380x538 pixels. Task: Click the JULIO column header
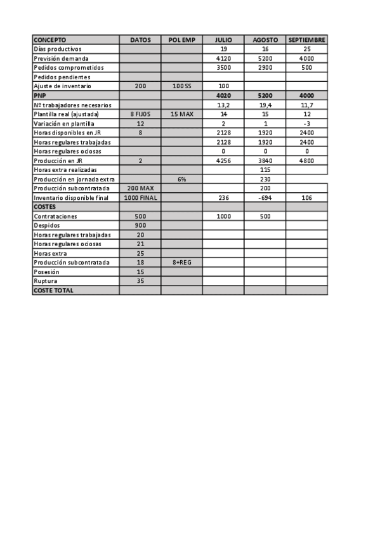click(x=223, y=39)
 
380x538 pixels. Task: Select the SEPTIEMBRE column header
click(x=306, y=39)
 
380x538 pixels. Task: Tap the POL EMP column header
click(x=181, y=39)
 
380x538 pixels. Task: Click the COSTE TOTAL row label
click(x=53, y=290)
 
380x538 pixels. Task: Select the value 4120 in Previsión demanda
click(x=223, y=58)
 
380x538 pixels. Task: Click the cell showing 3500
click(x=223, y=67)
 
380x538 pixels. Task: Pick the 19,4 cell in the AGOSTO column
click(x=265, y=104)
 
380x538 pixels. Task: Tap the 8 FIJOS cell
click(x=140, y=114)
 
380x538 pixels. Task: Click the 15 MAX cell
click(x=181, y=114)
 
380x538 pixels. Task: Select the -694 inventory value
click(x=265, y=197)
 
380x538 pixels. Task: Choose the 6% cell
click(x=181, y=179)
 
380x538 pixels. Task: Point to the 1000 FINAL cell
click(x=140, y=197)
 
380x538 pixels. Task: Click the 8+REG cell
click(x=181, y=262)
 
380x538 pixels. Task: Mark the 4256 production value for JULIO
click(x=223, y=160)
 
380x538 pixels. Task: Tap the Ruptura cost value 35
click(x=140, y=280)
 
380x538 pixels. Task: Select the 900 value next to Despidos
click(x=140, y=225)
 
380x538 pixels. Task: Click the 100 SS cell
click(x=181, y=86)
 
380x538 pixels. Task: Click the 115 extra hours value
click(x=265, y=169)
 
